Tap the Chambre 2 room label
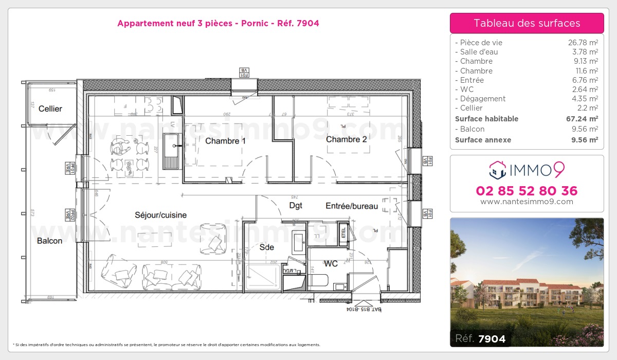coord(346,139)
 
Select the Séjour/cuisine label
coord(160,215)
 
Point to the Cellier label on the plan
coord(50,109)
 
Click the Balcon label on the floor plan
coord(49,241)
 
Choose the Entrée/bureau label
coord(352,206)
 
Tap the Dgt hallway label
coord(295,205)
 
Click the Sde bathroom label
coord(266,247)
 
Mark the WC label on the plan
coord(331,264)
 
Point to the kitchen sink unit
coord(171,151)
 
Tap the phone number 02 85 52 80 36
coord(527,191)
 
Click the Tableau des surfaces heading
coord(527,23)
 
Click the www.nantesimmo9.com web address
coord(527,202)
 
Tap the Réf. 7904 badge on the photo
coord(481,338)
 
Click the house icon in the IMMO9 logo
coord(497,168)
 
